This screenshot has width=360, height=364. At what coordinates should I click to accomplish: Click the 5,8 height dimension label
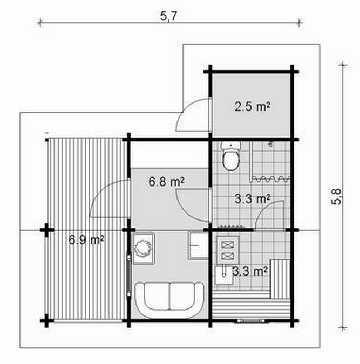pyautogui.click(x=336, y=196)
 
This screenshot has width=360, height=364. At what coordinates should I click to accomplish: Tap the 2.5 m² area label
pyautogui.click(x=252, y=107)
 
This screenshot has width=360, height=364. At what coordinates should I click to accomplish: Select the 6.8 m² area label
pyautogui.click(x=166, y=182)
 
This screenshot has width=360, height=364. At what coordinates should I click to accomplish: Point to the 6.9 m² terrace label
pyautogui.click(x=86, y=239)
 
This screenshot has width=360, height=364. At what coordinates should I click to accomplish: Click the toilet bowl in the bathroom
pyautogui.click(x=231, y=161)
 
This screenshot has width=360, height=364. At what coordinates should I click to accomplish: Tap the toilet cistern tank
pyautogui.click(x=231, y=146)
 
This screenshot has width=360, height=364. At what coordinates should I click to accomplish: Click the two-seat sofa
pyautogui.click(x=169, y=299)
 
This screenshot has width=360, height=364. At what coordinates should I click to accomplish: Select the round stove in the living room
pyautogui.click(x=143, y=248)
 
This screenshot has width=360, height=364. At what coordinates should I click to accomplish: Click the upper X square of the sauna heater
pyautogui.click(x=227, y=245)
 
